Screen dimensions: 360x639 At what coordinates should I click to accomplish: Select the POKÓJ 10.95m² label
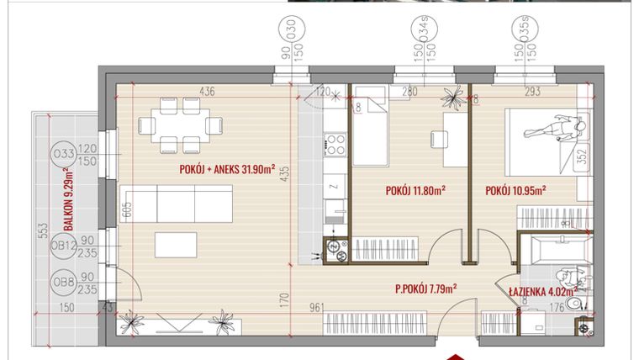[515, 189]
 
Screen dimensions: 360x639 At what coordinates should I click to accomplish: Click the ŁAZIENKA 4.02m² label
[541, 292]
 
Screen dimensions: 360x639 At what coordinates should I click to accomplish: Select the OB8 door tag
[63, 281]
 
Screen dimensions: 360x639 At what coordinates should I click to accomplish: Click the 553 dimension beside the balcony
[45, 236]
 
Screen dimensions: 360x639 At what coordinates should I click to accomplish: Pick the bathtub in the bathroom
[562, 249]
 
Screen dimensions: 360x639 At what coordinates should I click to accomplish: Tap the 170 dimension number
[286, 297]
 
